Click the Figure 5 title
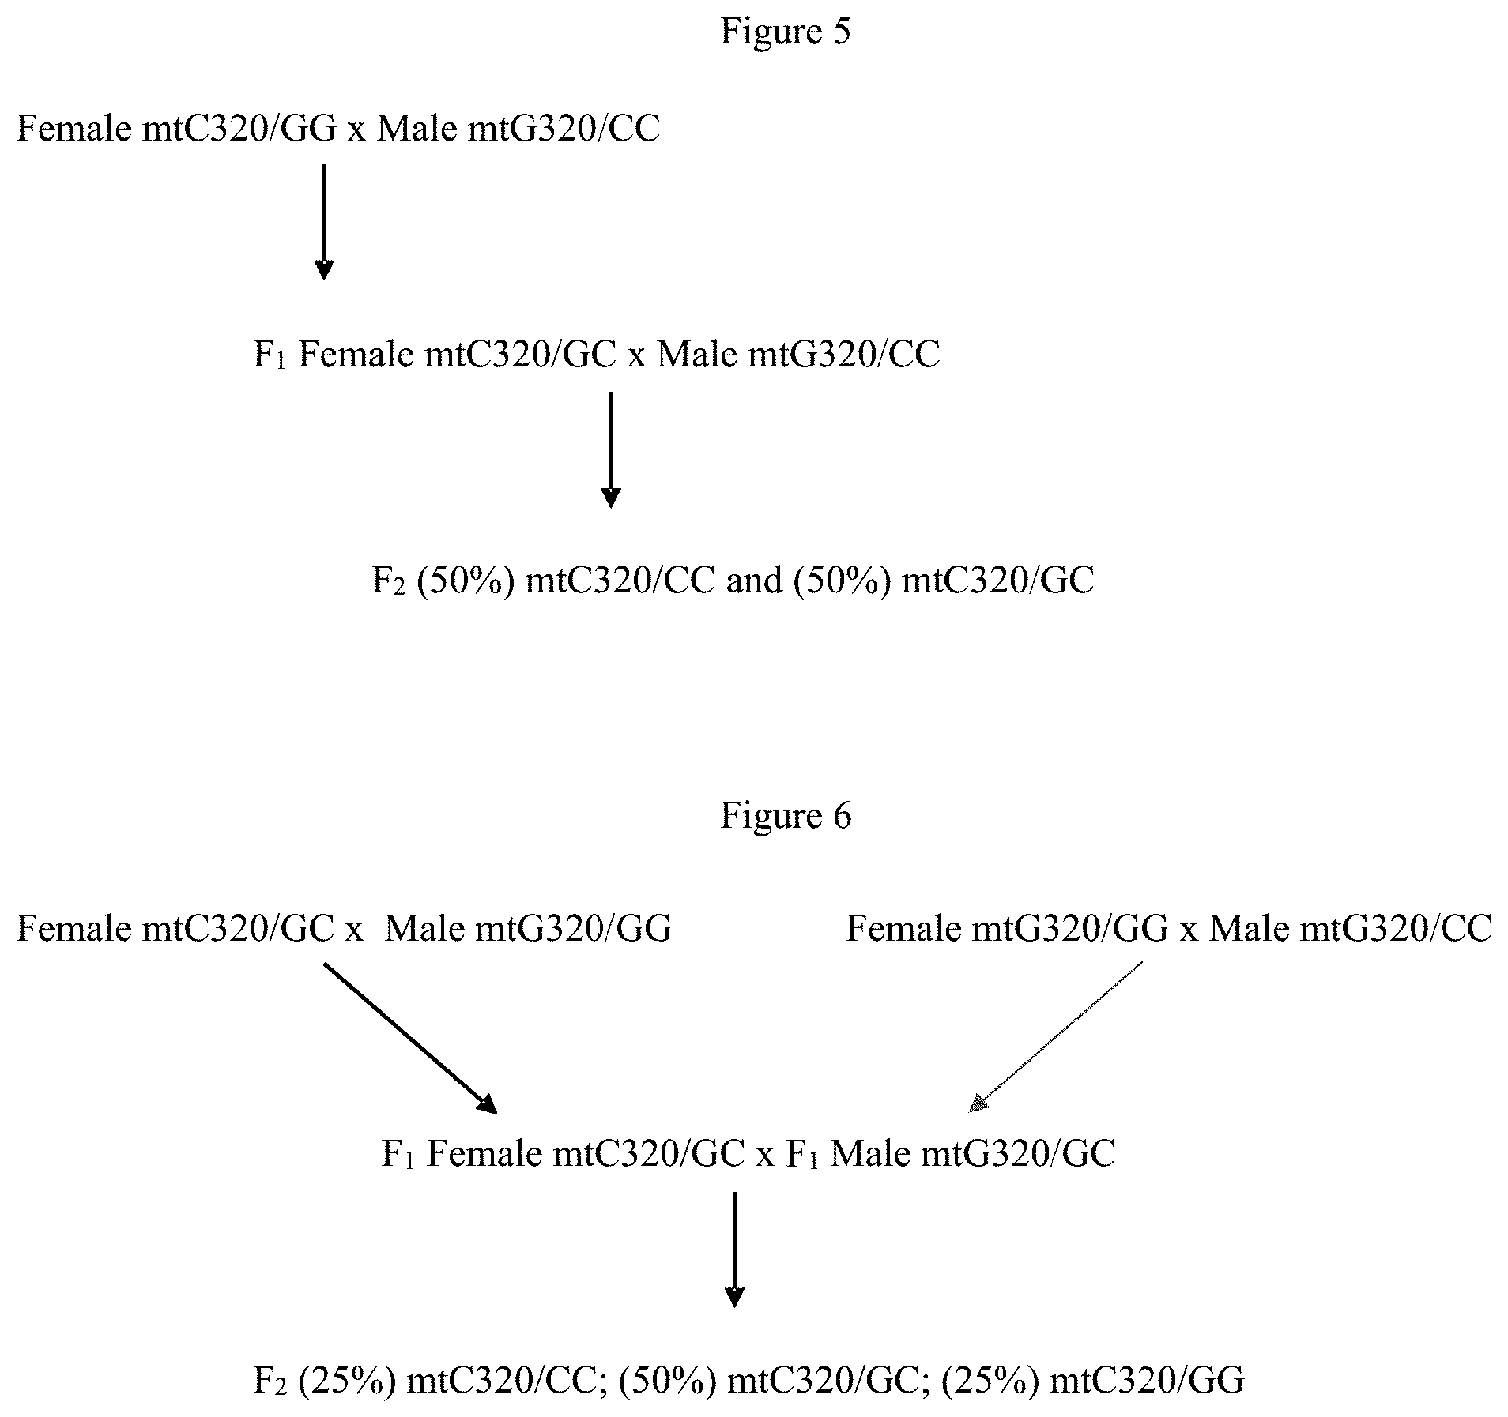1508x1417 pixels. click(x=785, y=32)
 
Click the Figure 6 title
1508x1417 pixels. click(x=786, y=815)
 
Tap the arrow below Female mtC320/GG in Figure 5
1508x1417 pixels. click(x=324, y=222)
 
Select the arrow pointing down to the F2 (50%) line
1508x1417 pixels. click(x=611, y=449)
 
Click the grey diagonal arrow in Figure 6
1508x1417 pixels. click(x=1056, y=1036)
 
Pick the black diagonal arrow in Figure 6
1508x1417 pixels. click(x=411, y=1038)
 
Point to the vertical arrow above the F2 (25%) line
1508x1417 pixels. click(x=735, y=1250)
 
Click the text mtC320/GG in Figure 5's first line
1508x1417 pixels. click(x=241, y=128)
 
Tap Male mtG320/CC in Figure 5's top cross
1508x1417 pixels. click(x=518, y=128)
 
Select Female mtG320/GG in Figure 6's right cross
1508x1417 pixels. click(x=1007, y=928)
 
